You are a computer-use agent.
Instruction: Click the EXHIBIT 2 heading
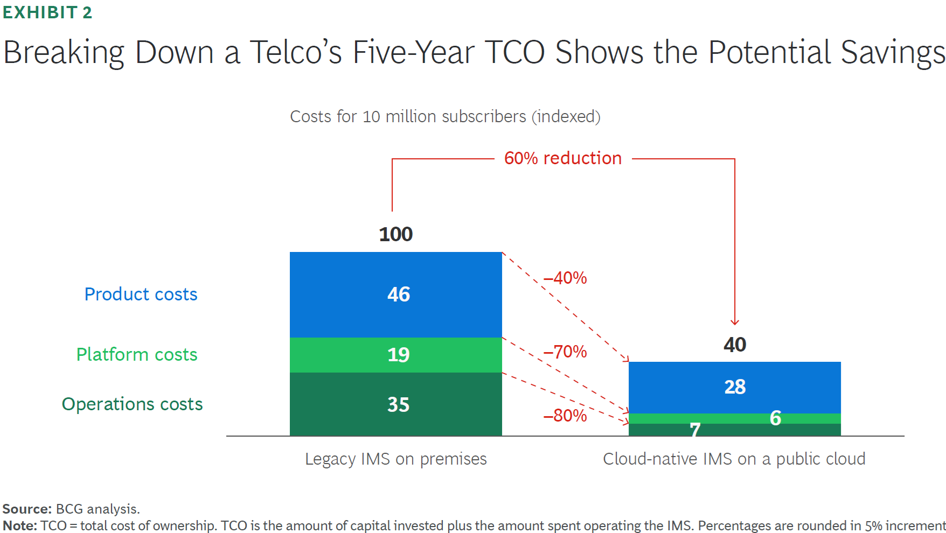tap(47, 12)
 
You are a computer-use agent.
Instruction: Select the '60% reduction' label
tap(562, 158)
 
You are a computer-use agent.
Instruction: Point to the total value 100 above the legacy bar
tap(395, 234)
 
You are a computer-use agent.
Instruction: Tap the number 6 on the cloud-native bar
tap(775, 418)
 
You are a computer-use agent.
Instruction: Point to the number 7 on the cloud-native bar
tap(695, 430)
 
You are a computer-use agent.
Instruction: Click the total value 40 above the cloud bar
tap(735, 345)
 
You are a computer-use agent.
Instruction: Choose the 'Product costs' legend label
tap(141, 294)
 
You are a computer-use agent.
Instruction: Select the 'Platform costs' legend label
tap(137, 355)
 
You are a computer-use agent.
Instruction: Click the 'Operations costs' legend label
tap(132, 404)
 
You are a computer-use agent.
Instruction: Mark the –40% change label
tap(565, 278)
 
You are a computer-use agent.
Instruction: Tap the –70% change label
tap(565, 352)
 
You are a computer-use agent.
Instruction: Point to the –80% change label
tap(565, 416)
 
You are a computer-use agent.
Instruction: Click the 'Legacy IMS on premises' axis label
tap(395, 459)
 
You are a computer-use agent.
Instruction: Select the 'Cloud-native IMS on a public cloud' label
tap(734, 459)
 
